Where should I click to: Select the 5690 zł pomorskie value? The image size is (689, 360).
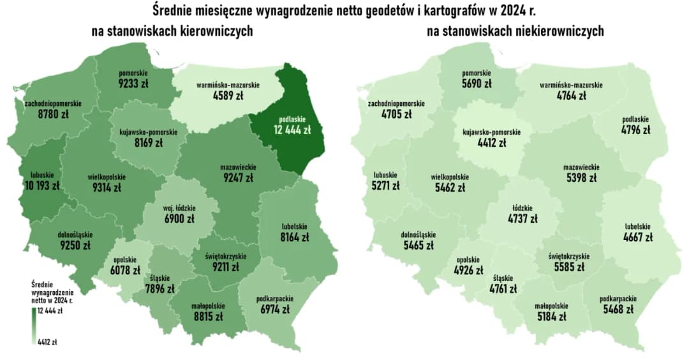(x=477, y=84)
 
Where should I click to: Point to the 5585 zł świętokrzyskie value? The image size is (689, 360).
(x=568, y=267)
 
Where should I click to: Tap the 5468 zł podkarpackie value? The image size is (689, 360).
(x=617, y=310)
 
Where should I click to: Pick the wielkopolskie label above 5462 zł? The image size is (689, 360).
(x=450, y=177)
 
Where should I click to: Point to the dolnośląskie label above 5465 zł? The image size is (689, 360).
(x=419, y=234)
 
